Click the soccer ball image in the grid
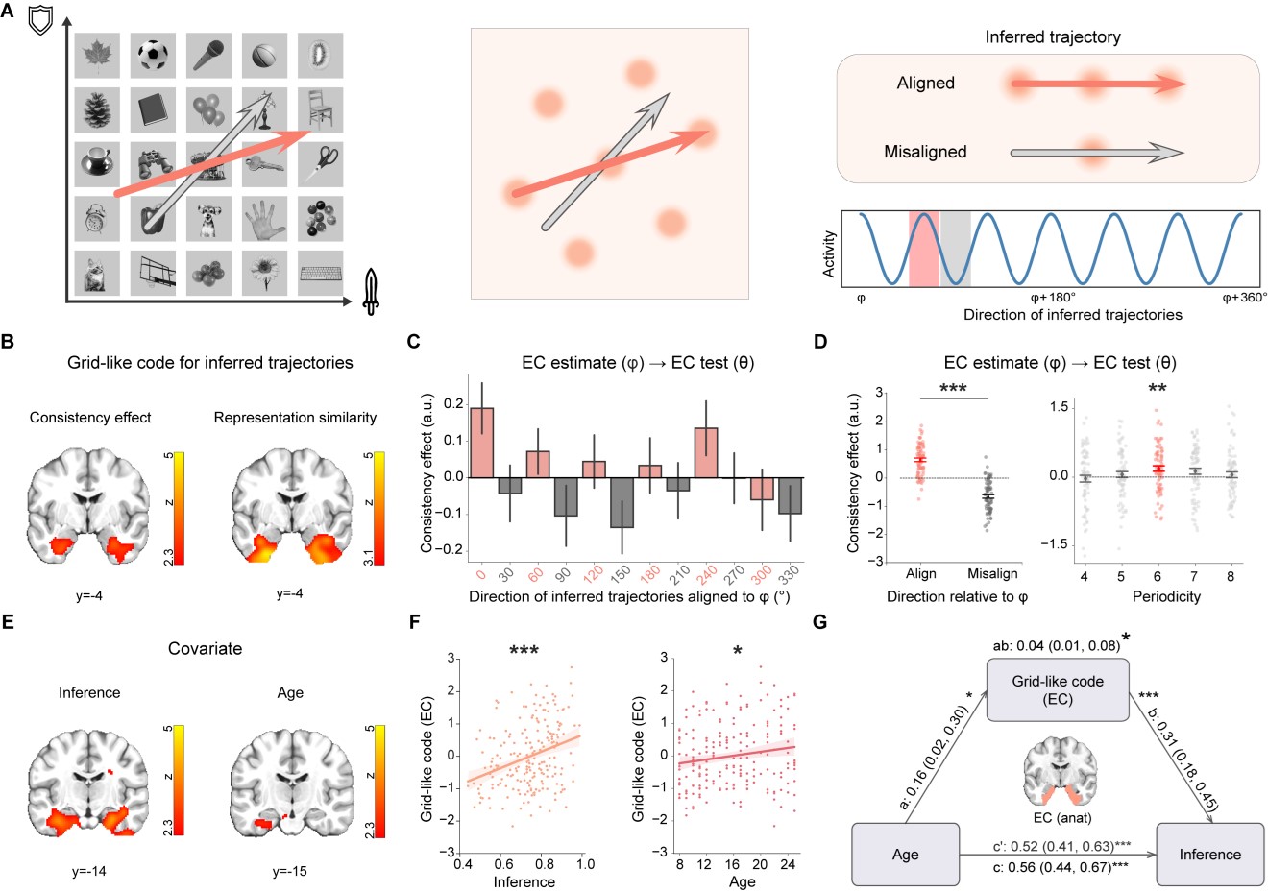click(152, 56)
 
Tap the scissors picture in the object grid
click(321, 164)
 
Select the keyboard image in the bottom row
click(321, 274)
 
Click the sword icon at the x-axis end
click(372, 292)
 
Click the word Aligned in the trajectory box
click(925, 84)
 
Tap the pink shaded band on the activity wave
click(923, 248)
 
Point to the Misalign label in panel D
click(991, 574)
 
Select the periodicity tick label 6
click(1158, 577)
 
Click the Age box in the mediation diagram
click(905, 854)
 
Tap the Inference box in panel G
click(1209, 854)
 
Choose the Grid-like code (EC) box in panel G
click(1058, 690)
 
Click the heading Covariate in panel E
click(205, 649)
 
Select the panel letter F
click(414, 622)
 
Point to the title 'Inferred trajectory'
click(1052, 37)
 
